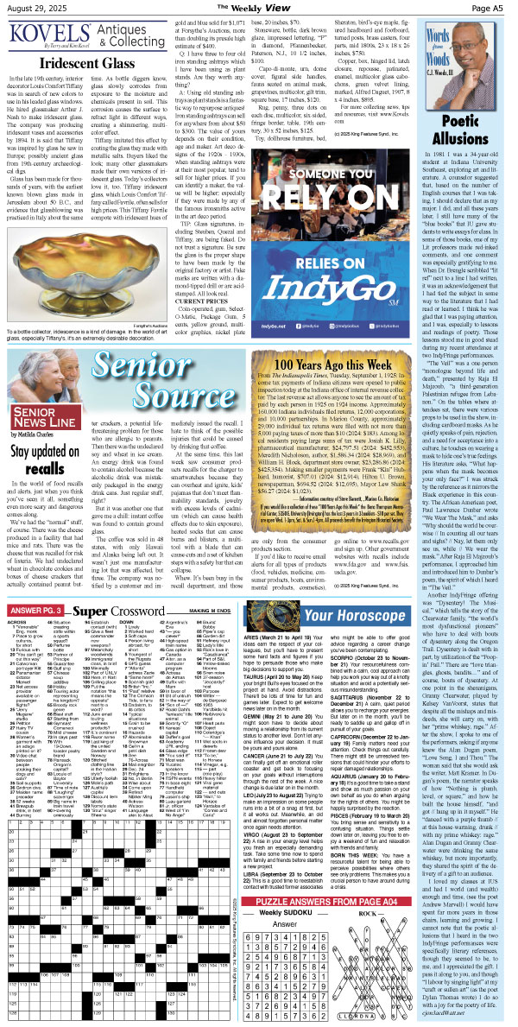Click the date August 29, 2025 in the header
[33, 8]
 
